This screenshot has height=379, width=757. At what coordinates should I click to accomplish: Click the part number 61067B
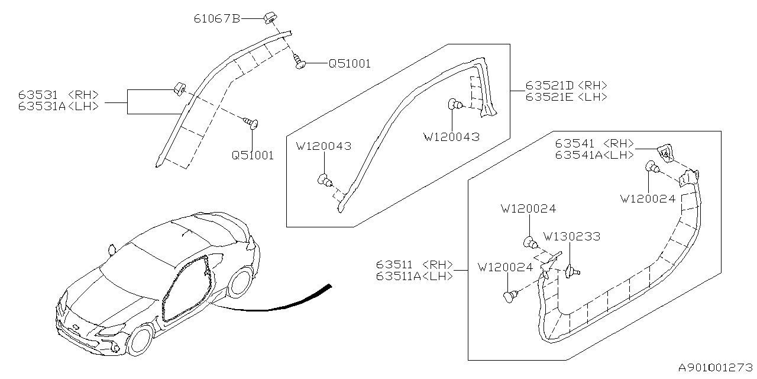tap(216, 19)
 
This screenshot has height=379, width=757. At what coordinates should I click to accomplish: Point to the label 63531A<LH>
tap(58, 106)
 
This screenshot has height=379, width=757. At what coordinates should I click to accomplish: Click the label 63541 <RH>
tap(594, 143)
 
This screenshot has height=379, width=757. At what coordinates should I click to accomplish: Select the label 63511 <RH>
tap(414, 265)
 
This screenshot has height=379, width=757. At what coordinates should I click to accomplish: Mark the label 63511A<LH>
tap(414, 276)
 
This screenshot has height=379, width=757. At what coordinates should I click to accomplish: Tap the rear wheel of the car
tap(240, 282)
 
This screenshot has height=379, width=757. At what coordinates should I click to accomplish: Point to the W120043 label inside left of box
tap(323, 146)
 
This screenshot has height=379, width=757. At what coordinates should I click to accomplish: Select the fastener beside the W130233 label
tap(571, 272)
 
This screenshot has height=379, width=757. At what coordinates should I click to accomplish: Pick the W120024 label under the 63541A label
tap(648, 199)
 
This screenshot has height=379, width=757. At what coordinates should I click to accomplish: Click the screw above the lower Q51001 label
tap(254, 123)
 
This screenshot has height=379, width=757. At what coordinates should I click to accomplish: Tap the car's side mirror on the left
tap(110, 249)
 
